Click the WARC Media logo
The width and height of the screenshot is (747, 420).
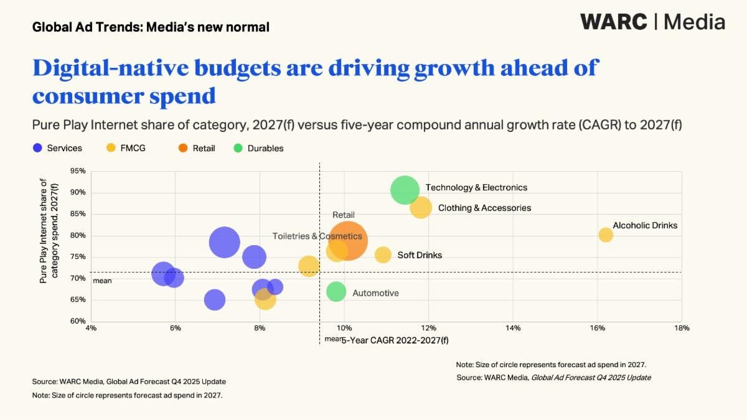[652, 22]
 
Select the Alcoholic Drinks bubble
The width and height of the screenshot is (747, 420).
[606, 235]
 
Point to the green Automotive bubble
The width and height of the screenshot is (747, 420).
[336, 291]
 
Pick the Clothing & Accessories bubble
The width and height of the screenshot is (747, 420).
[421, 207]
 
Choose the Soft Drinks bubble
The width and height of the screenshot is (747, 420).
[383, 254]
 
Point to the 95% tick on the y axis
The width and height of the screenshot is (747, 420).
[78, 171]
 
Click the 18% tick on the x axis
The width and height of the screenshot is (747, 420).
[682, 328]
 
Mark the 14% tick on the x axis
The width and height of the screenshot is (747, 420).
[513, 328]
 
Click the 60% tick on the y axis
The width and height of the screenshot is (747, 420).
[78, 321]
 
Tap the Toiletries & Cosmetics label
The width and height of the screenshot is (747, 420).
[317, 236]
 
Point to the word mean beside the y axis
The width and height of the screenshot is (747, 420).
[102, 281]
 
